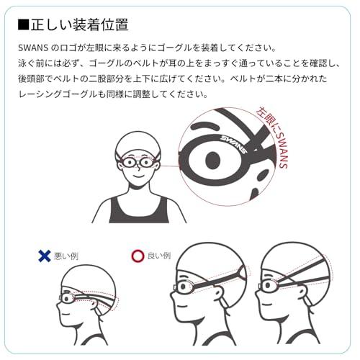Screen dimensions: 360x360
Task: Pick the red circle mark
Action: [x=137, y=255]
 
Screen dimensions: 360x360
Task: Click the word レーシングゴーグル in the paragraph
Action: [x=65, y=94]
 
